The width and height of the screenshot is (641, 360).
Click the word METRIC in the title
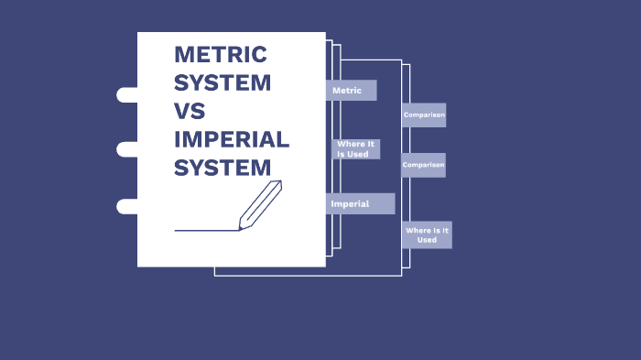point(220,54)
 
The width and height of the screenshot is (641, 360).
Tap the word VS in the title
point(190,112)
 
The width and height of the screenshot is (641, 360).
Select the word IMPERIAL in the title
point(232,140)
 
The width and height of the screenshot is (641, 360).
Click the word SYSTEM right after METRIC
point(223,82)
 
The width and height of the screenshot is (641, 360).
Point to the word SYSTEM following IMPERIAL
point(223,169)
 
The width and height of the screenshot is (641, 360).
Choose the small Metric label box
point(351,91)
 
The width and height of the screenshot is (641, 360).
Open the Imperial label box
point(360,203)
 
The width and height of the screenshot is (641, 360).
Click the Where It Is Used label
point(355,149)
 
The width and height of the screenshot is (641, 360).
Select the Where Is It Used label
point(427,235)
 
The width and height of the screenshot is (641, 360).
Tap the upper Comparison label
point(424,115)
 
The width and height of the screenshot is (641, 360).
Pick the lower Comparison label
point(423,165)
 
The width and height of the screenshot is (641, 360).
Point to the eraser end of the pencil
point(276,185)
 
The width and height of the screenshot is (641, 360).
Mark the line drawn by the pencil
point(206,230)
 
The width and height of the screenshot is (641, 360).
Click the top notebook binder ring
point(126,94)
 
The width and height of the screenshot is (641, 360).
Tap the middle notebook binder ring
point(126,149)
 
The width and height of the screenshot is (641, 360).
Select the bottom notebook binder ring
point(126,206)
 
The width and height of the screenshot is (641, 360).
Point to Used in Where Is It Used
point(427,240)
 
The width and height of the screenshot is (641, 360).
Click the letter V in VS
point(182,112)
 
